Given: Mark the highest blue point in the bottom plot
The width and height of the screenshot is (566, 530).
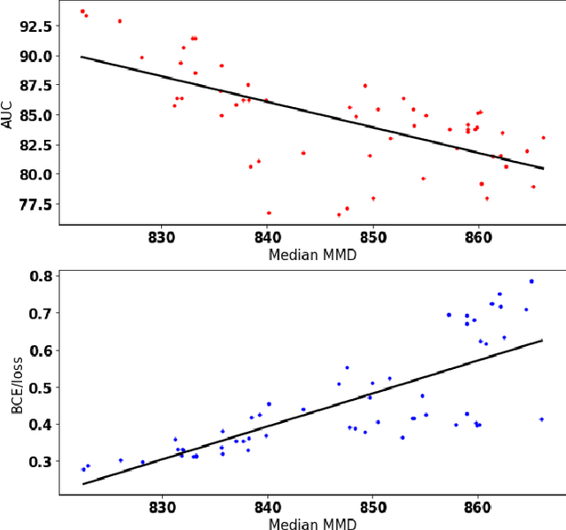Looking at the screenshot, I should point(532,281).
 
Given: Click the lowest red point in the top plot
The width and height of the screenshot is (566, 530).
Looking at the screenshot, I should point(339,214).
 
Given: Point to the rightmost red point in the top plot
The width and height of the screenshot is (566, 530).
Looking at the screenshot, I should point(543,137).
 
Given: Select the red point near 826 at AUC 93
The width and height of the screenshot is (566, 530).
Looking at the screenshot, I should point(119,20).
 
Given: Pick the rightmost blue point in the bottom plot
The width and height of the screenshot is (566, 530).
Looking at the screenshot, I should point(541,419).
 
